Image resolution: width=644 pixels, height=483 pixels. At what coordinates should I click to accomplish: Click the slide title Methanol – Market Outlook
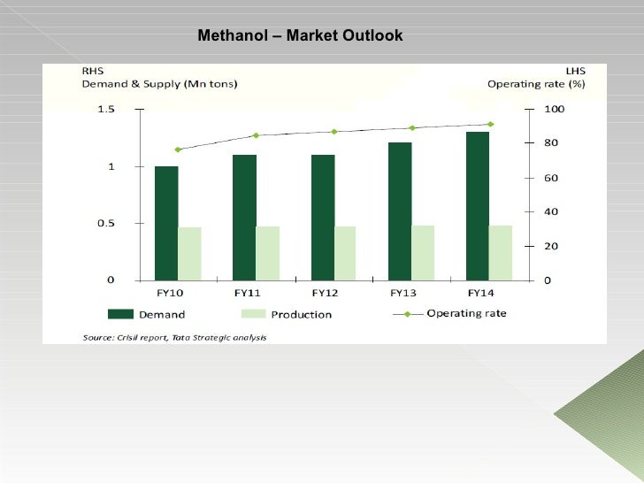click(x=300, y=36)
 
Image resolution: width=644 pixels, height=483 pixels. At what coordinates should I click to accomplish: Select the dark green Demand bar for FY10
click(x=166, y=222)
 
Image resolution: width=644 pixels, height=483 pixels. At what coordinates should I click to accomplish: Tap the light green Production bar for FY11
click(x=267, y=253)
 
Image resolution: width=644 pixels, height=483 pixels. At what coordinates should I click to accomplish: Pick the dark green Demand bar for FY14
click(x=478, y=205)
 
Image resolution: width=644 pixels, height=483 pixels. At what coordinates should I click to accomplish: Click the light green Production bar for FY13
click(x=423, y=252)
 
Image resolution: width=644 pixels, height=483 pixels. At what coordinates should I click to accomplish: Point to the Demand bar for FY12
click(x=322, y=217)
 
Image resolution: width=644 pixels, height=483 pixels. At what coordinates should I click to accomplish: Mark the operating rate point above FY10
click(x=178, y=149)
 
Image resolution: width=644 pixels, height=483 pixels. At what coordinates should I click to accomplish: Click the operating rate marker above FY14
click(x=490, y=124)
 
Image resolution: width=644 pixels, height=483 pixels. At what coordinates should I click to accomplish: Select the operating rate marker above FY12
click(x=333, y=132)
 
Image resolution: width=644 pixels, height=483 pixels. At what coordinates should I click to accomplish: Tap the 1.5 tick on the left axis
click(x=106, y=109)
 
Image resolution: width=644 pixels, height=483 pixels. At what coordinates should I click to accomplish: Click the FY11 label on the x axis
click(x=245, y=293)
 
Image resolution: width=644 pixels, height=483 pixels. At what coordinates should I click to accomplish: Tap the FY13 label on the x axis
click(x=402, y=293)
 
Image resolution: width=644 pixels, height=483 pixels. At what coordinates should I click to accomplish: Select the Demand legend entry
click(x=147, y=314)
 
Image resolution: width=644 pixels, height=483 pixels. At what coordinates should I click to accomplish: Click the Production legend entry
click(x=286, y=314)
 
